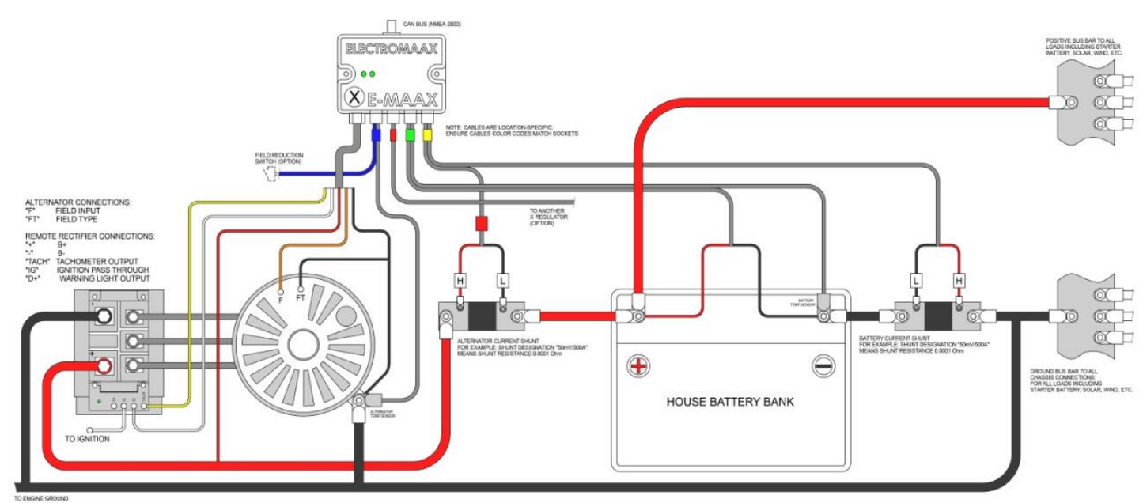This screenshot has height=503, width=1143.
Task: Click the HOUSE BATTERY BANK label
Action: [730, 402]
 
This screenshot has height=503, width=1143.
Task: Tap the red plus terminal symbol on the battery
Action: [638, 365]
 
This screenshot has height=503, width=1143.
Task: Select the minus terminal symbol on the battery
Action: [823, 365]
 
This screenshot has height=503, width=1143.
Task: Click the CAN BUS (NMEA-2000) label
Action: [432, 25]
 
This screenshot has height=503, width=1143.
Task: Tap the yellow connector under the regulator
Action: [428, 134]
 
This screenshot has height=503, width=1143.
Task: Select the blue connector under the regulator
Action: [377, 135]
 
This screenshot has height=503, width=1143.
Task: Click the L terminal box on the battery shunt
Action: [915, 280]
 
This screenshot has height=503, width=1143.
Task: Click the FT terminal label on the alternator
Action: [301, 299]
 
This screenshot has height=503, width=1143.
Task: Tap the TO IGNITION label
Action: [89, 439]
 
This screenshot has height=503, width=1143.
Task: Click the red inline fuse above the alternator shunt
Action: [480, 225]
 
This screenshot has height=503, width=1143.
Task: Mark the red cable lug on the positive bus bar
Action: [1060, 101]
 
